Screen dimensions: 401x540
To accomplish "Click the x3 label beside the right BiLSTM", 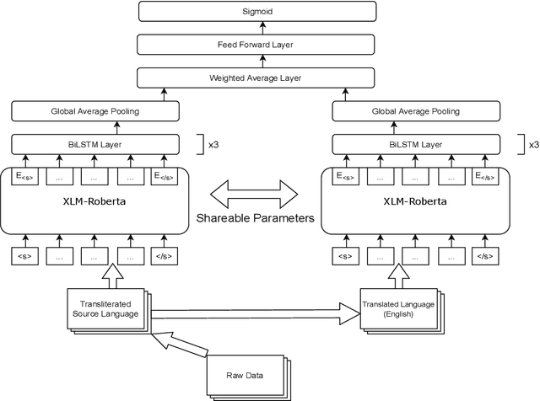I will pos(532,144).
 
